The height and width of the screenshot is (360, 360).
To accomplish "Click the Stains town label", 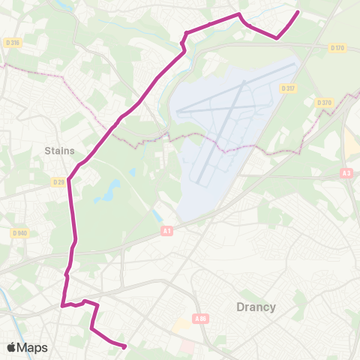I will [x=59, y=150].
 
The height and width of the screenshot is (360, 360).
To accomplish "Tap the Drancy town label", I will [x=256, y=307].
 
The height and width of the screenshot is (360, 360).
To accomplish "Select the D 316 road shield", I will [x=13, y=43].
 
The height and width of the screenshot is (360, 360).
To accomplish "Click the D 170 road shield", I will [x=337, y=48].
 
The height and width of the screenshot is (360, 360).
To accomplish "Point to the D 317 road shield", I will [x=289, y=88].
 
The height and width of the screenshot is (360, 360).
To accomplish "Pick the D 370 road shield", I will [x=324, y=103].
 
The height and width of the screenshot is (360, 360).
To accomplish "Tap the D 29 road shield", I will [x=59, y=181].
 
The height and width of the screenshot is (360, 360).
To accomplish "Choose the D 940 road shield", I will [x=19, y=233].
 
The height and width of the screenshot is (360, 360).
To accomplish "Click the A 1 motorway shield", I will [x=166, y=231].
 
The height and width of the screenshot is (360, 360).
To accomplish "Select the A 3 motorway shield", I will [x=346, y=173].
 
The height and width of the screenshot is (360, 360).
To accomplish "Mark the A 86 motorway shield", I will [x=199, y=319].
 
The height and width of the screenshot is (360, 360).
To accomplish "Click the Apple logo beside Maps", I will [x=11, y=347].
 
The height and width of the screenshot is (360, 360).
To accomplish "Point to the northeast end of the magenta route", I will [x=298, y=12].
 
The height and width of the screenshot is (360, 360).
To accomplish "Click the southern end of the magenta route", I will [x=124, y=346].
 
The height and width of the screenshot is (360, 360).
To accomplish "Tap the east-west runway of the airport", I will [x=225, y=112].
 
